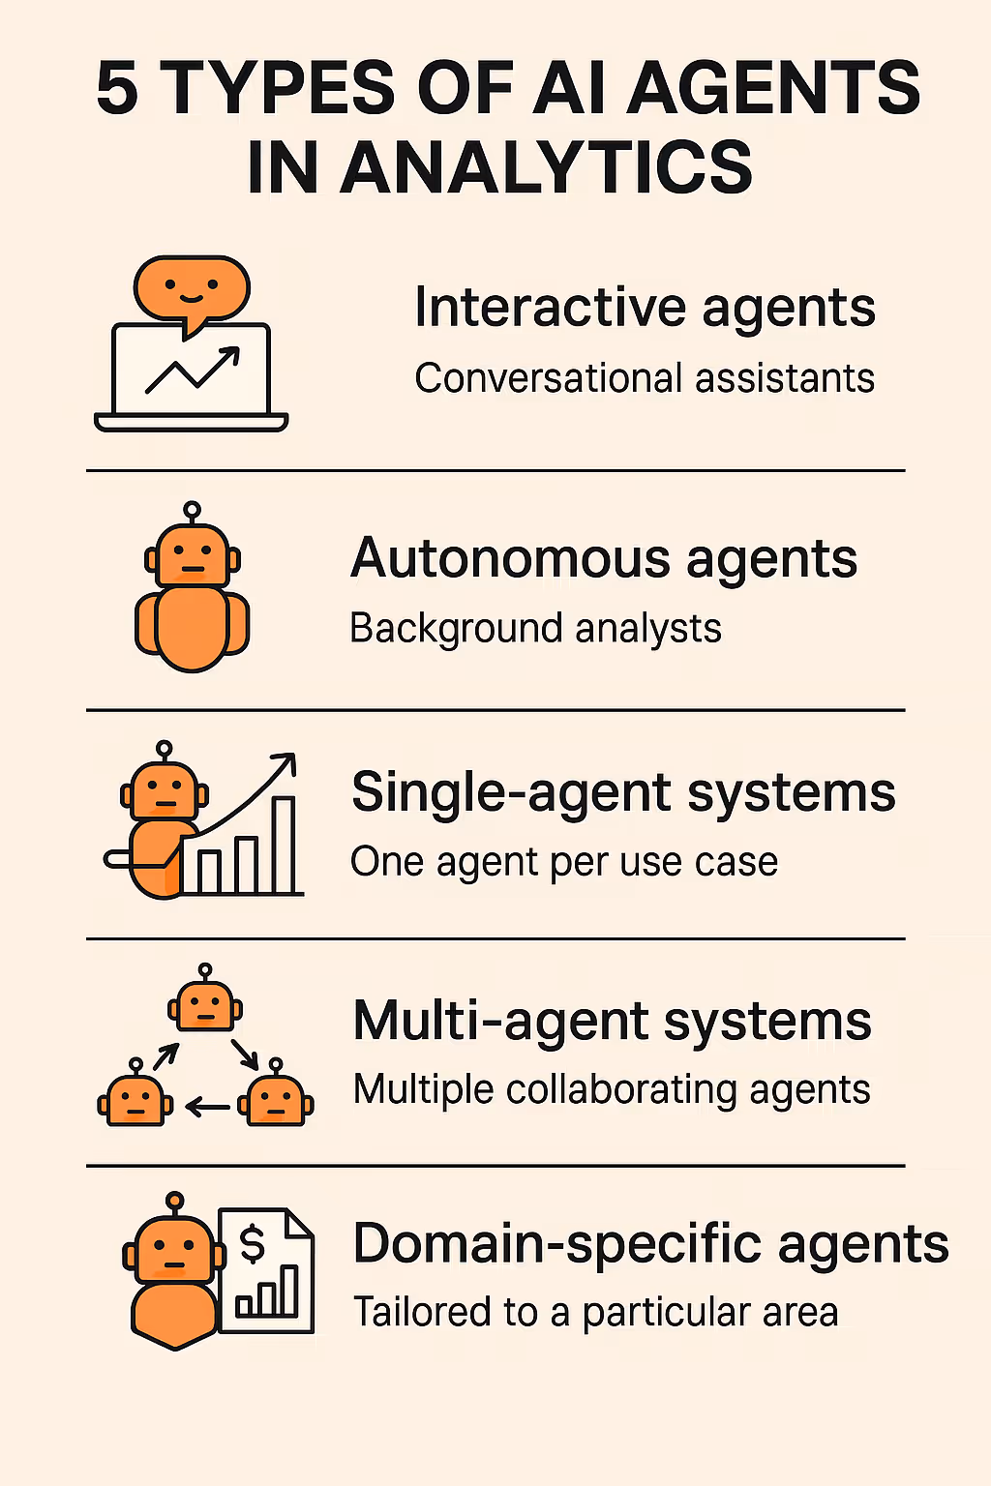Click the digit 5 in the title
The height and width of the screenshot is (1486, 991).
tap(117, 89)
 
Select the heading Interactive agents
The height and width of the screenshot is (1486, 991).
tap(645, 309)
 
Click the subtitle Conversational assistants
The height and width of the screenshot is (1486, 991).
tap(645, 378)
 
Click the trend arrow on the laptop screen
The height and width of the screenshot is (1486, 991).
tap(193, 371)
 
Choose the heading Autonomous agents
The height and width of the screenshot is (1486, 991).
tap(604, 559)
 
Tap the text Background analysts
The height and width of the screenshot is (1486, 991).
tap(535, 629)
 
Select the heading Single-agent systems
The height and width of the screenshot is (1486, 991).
tap(623, 792)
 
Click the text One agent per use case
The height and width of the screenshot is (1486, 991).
tap(564, 862)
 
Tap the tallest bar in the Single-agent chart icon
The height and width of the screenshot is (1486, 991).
tap(284, 846)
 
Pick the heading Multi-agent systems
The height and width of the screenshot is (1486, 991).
tap(612, 1022)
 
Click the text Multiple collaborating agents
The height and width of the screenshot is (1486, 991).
tap(612, 1090)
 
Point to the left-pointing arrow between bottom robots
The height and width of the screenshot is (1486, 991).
tap(207, 1106)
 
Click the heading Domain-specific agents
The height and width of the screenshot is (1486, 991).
tap(650, 1244)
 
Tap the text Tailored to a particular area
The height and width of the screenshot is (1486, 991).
tap(595, 1313)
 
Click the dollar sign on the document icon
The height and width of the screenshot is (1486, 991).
tap(252, 1244)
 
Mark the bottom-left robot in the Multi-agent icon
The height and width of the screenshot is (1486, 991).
tap(135, 1100)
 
